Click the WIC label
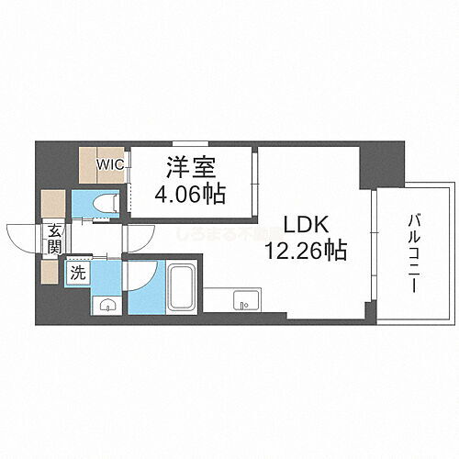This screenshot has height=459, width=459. pos(111,162)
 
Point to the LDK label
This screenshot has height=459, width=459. pos(299,225)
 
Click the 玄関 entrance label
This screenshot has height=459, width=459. pos(53,241)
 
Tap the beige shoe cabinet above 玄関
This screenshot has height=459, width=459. pos(53,202)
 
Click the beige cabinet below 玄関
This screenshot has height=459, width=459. pos(52,272)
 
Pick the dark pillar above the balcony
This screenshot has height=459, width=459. pos(380,162)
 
